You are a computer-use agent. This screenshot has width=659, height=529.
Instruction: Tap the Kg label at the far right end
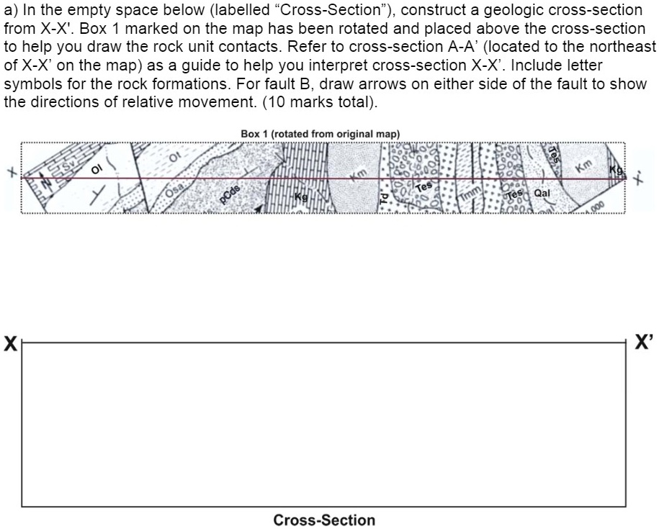[x=616, y=170]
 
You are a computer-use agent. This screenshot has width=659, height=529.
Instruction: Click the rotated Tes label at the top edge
[x=555, y=153]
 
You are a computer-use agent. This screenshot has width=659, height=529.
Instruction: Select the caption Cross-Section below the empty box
[x=324, y=520]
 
